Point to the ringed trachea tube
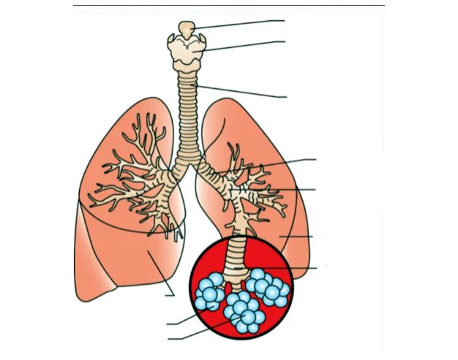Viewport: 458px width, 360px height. click(x=188, y=118)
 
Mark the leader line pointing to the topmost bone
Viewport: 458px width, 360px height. click(x=242, y=24)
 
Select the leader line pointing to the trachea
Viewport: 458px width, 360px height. click(x=242, y=92)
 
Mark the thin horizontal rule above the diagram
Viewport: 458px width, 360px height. click(x=229, y=6)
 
